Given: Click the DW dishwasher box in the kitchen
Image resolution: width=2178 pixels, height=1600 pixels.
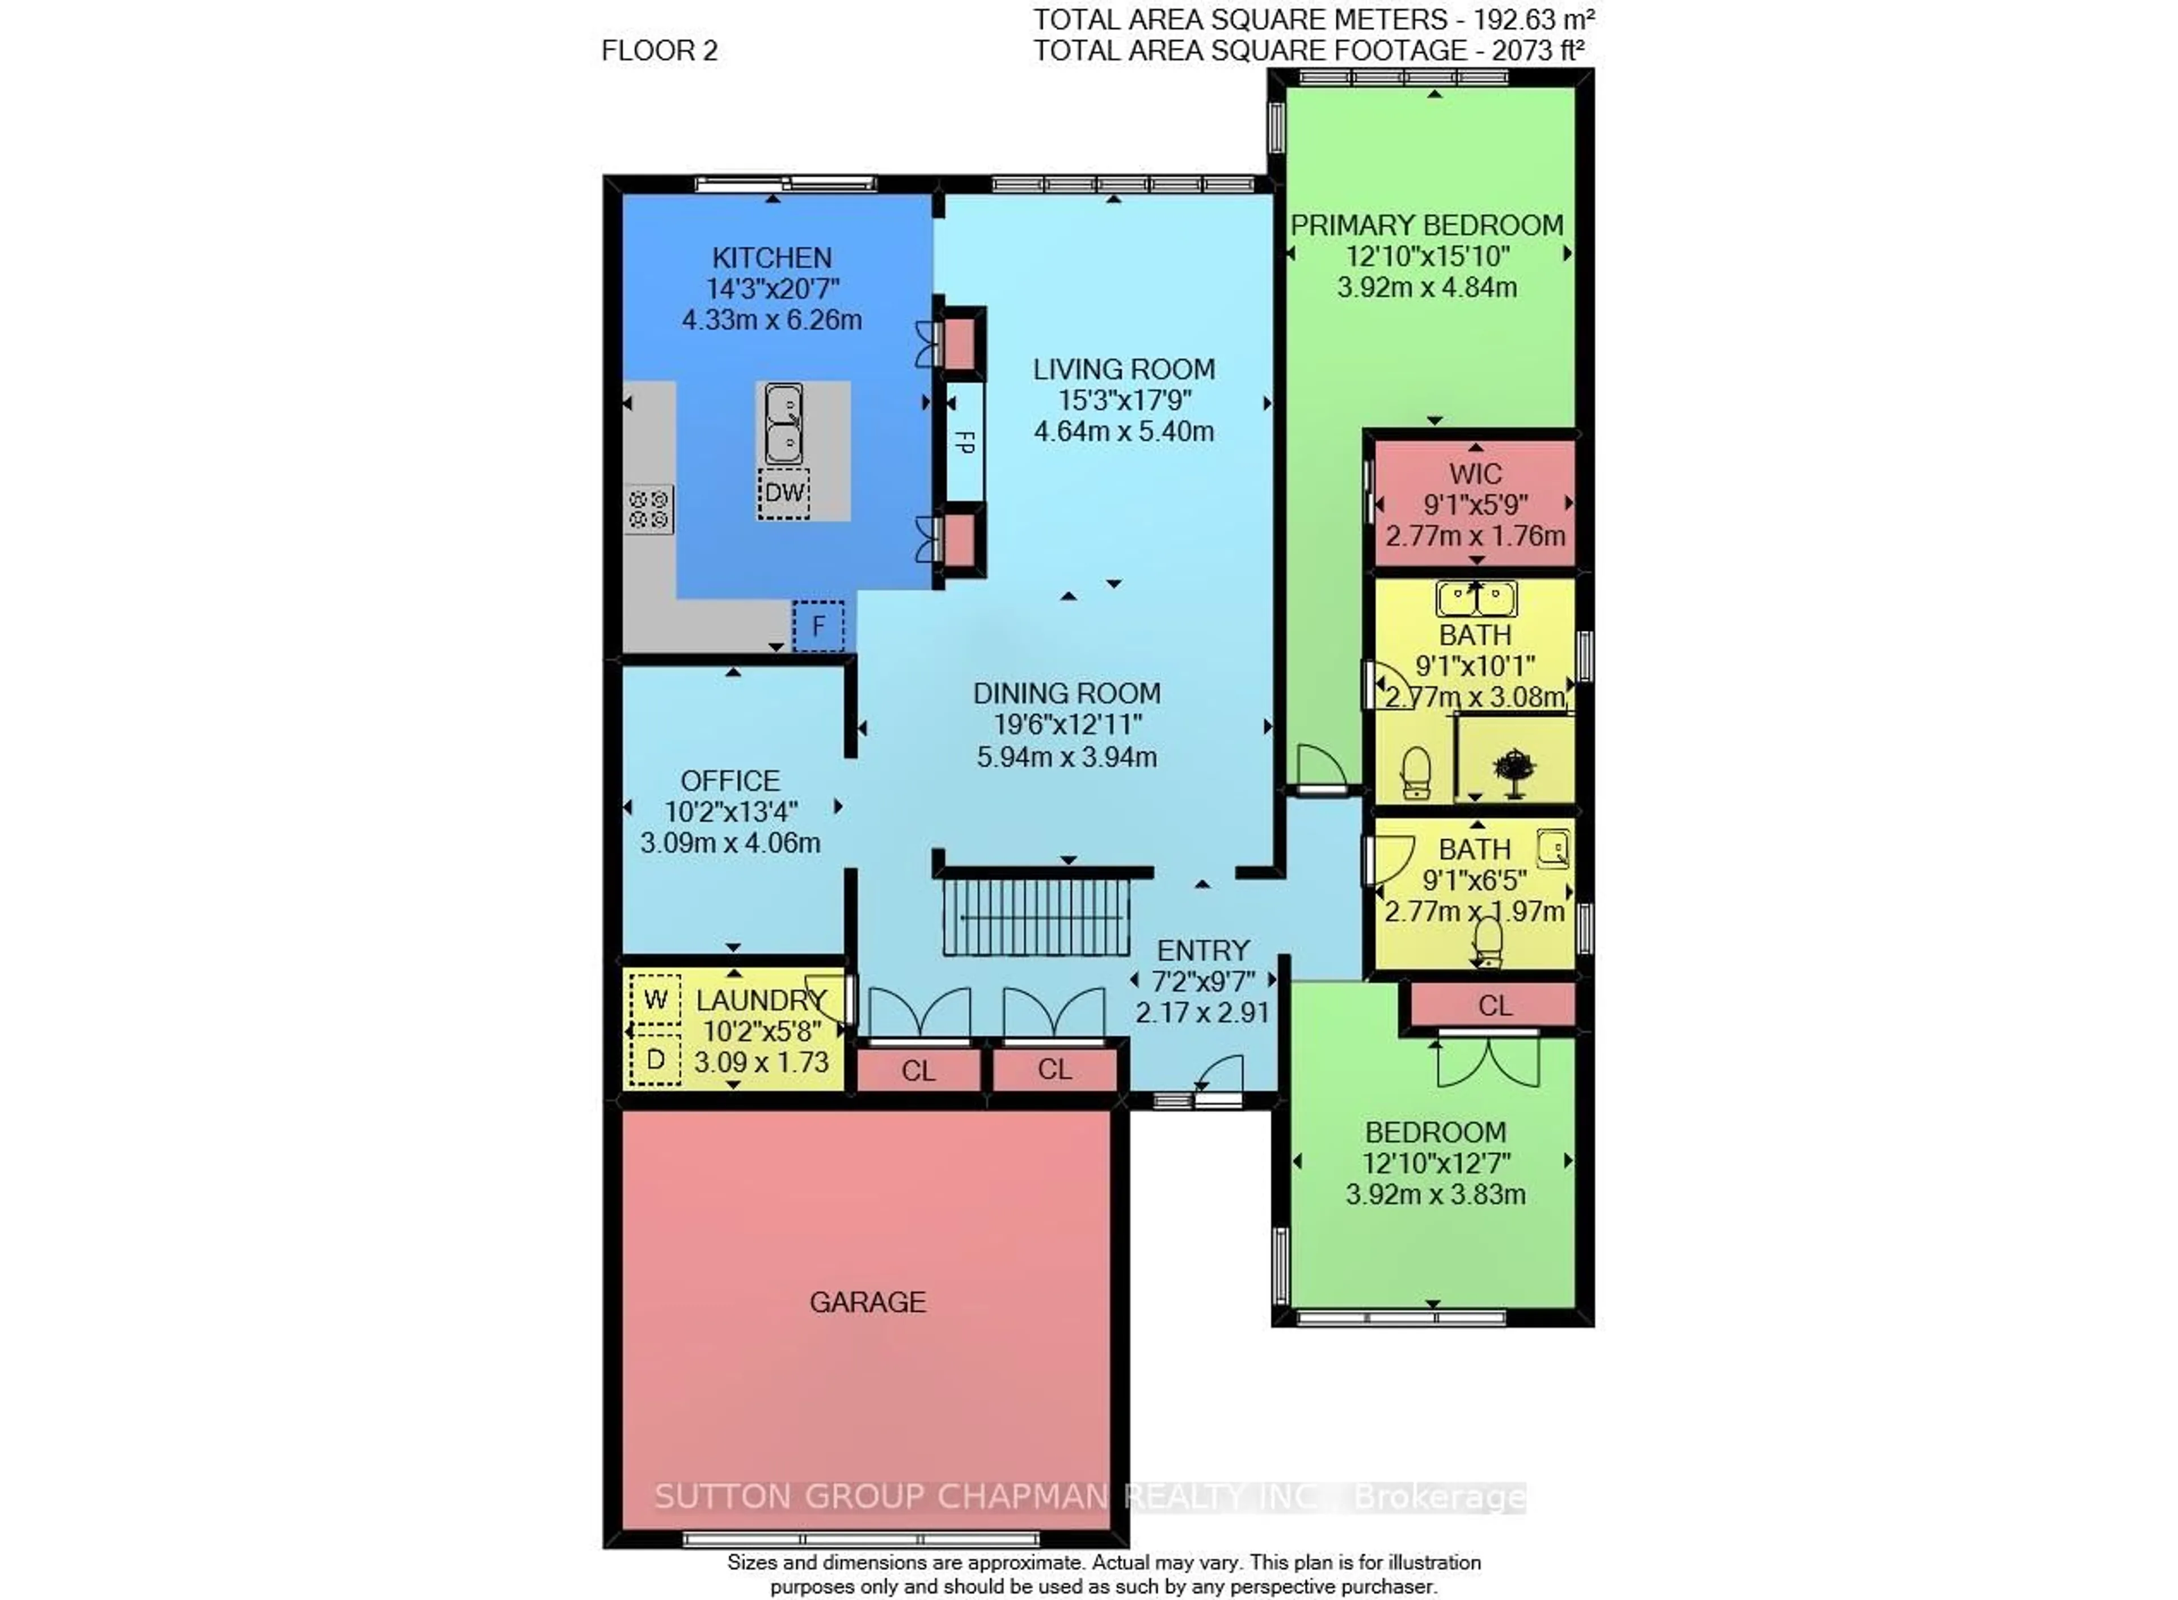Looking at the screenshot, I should coord(783,493).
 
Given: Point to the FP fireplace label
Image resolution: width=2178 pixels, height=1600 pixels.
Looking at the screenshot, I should coord(964,442).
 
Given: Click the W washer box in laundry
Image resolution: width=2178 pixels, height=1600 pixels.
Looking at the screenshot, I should coord(656,999).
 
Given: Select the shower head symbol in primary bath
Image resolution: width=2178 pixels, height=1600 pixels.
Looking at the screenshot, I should coord(1514,771).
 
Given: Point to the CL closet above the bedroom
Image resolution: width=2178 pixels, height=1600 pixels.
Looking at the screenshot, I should coord(1495,1006).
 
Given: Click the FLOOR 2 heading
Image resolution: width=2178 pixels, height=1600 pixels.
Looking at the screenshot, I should coord(660,50).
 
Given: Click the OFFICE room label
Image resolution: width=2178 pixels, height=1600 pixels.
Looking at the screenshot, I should coord(729,780).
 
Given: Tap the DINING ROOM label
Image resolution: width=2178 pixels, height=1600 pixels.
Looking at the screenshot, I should coord(1066,694).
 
